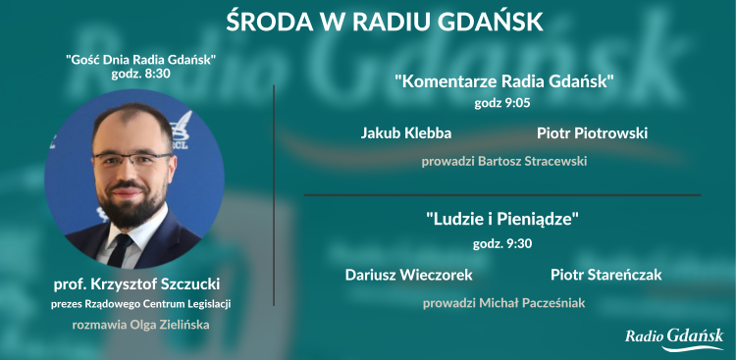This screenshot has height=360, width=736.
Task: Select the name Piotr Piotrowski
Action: point(592,132)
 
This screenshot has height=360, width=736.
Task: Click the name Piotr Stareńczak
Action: point(605,275)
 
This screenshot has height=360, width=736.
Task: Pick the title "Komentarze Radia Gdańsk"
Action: point(503,81)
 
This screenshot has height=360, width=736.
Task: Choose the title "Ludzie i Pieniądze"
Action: point(503,220)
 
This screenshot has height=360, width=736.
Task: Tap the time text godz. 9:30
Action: point(503,242)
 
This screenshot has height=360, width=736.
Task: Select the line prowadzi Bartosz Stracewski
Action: point(503,160)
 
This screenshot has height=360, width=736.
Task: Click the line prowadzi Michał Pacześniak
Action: point(503,303)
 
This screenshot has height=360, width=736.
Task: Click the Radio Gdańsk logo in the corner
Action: point(674,337)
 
